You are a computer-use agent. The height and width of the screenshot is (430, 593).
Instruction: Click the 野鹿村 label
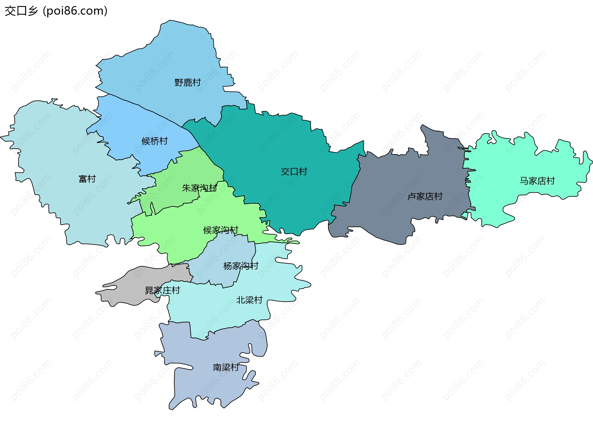187,83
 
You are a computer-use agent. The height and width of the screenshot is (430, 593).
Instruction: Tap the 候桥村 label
154,141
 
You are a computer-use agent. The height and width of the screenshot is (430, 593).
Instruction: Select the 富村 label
87,179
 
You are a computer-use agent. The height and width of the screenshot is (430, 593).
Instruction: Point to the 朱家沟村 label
199,188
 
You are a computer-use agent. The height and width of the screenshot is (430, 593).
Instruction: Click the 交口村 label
294,172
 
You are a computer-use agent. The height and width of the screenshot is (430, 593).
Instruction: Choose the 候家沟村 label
221,230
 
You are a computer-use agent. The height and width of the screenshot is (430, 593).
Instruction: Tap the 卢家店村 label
425,197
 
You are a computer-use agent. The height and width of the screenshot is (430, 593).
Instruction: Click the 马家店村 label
537,181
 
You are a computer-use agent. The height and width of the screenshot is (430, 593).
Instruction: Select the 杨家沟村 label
241,266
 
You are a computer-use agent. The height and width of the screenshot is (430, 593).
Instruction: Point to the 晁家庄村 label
162,291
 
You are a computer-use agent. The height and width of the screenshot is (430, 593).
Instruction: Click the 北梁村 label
249,300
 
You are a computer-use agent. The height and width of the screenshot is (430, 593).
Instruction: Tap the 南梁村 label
226,368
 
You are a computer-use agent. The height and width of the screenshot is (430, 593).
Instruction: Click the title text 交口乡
21,11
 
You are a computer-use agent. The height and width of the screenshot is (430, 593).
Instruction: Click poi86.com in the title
75,11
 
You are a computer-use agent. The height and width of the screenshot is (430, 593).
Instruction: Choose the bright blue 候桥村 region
130,124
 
